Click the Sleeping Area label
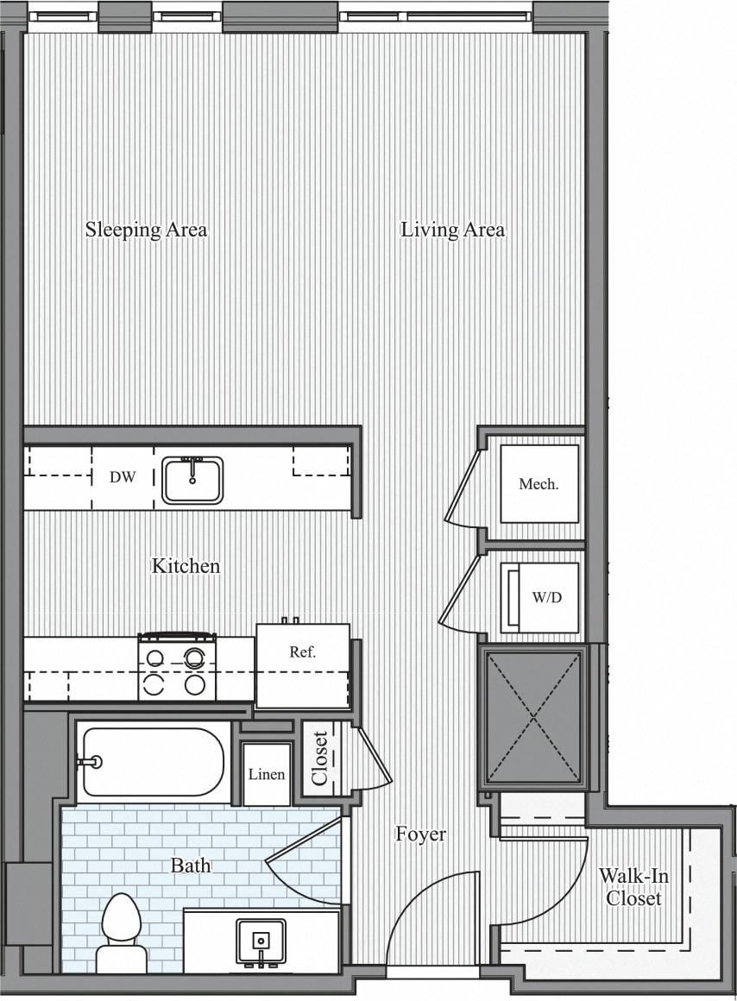point(146,230)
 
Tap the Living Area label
point(452,230)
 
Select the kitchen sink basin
point(192,480)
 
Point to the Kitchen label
point(186,566)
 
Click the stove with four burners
point(177,667)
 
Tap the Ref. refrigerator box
point(302,665)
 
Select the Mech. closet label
point(539,484)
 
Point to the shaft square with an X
point(532,717)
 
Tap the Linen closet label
point(267,774)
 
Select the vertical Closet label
point(319,759)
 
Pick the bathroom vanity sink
point(261,941)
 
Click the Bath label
point(191,865)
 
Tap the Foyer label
point(420,834)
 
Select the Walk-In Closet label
point(633,887)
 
